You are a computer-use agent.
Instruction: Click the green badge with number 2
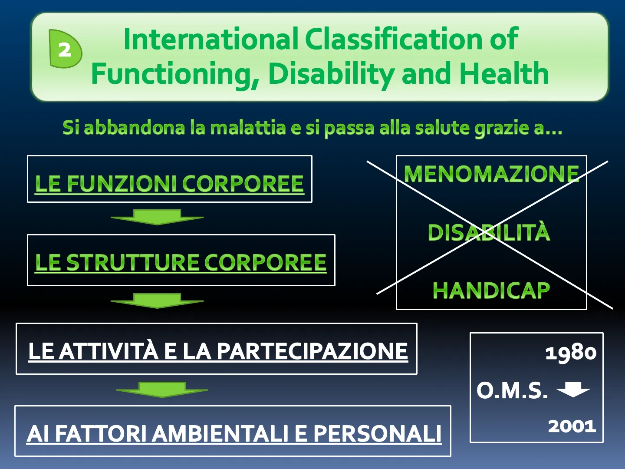pos(65,49)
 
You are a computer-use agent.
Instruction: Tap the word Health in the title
pos(504,73)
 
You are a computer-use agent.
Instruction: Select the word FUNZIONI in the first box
pos(122,184)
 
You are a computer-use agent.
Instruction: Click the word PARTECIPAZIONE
pos(312,351)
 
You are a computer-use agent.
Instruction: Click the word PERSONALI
pos(378,434)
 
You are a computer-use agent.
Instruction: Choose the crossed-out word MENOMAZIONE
pos(491,174)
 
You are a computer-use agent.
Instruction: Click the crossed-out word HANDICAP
pos(491,291)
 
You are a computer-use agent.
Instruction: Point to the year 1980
pos(571,353)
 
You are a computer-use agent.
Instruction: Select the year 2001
pos(572,426)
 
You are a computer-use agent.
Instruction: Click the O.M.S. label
pos(512,390)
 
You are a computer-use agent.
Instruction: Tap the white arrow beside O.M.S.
pos(573,389)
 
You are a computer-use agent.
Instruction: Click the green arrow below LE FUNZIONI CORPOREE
pos(157,217)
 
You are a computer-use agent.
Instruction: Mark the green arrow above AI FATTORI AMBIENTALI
pos(162,390)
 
